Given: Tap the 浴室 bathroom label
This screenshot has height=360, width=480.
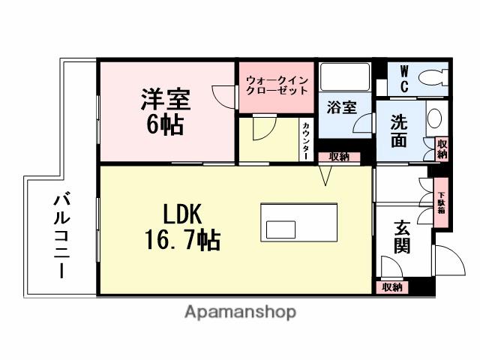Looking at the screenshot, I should (x=342, y=108).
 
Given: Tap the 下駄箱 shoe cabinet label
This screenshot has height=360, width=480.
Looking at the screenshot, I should (x=441, y=200).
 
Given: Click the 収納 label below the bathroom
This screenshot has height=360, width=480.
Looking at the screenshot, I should (x=338, y=157).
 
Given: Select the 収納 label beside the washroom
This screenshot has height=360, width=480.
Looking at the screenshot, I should (x=442, y=148).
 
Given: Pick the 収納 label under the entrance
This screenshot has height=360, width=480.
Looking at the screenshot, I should (x=391, y=287).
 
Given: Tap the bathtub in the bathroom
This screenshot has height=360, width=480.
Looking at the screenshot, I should (x=343, y=77).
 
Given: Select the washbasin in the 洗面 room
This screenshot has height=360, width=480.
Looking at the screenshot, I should (x=435, y=118).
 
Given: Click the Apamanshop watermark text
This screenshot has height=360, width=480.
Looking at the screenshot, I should (x=240, y=312).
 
